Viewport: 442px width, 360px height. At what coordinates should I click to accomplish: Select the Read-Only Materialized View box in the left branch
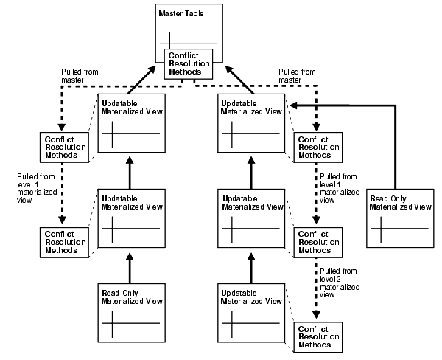coord(130,314)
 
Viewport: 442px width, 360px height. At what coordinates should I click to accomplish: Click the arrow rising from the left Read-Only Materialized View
coord(130,266)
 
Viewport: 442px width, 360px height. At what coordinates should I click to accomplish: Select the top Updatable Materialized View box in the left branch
coord(130,125)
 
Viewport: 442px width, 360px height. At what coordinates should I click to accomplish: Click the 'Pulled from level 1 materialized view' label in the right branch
coord(336,187)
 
